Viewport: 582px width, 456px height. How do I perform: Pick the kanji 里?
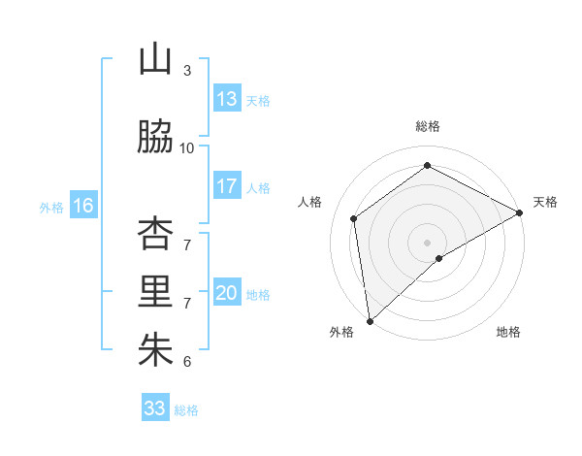pyautogui.click(x=155, y=292)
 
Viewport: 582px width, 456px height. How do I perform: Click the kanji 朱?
pyautogui.click(x=155, y=350)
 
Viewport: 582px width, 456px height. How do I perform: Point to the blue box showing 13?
pyautogui.click(x=227, y=99)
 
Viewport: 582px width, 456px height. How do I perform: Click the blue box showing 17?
pyautogui.click(x=227, y=186)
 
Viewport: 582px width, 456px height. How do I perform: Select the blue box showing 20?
pyautogui.click(x=227, y=294)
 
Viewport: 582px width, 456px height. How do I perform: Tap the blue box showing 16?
pyautogui.click(x=83, y=206)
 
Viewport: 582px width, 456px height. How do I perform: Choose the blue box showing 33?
pyautogui.click(x=155, y=408)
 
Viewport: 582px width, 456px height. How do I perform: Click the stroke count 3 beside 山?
pyautogui.click(x=187, y=70)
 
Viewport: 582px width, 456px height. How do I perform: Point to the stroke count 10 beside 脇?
pyautogui.click(x=187, y=147)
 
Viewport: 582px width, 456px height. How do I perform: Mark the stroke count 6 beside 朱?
pyautogui.click(x=187, y=362)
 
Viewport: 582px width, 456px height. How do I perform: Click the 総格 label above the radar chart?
pyautogui.click(x=428, y=126)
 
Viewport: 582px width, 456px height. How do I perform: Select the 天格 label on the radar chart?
pyautogui.click(x=545, y=202)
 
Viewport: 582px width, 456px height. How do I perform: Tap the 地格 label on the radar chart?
pyautogui.click(x=508, y=332)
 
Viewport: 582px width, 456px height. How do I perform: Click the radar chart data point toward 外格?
pyautogui.click(x=370, y=320)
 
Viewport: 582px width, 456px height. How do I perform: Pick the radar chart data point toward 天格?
pyautogui.click(x=521, y=213)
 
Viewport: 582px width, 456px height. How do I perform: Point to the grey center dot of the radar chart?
pyautogui.click(x=427, y=241)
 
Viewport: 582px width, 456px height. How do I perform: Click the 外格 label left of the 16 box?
pyautogui.click(x=51, y=207)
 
